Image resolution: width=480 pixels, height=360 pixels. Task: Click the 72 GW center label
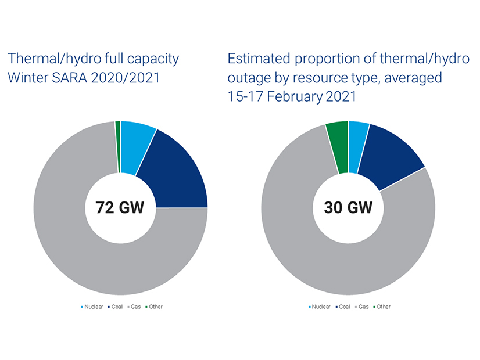(120, 207)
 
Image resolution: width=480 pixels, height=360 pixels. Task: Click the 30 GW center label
(348, 207)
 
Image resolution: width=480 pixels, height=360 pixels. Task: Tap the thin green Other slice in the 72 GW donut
(118, 147)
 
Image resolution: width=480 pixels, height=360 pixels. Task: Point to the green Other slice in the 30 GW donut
(338, 146)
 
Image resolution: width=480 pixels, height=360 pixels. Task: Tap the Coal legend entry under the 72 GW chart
(116, 307)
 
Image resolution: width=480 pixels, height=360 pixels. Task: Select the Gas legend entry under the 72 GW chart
(134, 307)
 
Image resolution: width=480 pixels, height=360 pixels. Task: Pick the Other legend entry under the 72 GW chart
(154, 307)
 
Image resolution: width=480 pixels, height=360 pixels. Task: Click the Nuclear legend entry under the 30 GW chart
(320, 307)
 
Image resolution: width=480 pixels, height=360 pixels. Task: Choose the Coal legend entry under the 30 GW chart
(343, 307)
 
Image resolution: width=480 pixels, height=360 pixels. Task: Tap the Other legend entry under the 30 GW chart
(382, 307)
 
